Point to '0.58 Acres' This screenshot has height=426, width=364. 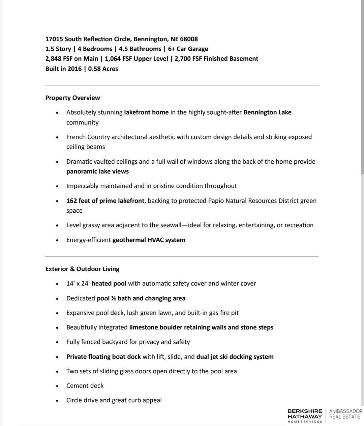pos(103,69)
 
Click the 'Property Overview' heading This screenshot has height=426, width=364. pos(72,98)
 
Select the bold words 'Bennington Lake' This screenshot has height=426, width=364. pos(267,112)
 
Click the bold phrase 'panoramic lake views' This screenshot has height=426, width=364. pos(97,171)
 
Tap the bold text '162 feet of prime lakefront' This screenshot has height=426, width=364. pos(105,201)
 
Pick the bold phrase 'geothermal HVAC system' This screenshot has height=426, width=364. pos(149,240)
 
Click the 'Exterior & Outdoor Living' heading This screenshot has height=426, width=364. pos(82,269)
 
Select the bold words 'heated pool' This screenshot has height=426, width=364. pos(109,284)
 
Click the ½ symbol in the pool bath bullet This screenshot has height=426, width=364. pos(114,298)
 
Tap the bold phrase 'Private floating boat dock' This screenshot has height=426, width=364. pos(103,357)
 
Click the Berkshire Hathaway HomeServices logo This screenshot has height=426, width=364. pos(305,416)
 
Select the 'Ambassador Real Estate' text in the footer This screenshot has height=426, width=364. pos(345,414)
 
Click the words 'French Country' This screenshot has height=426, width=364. pos(88,137)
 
